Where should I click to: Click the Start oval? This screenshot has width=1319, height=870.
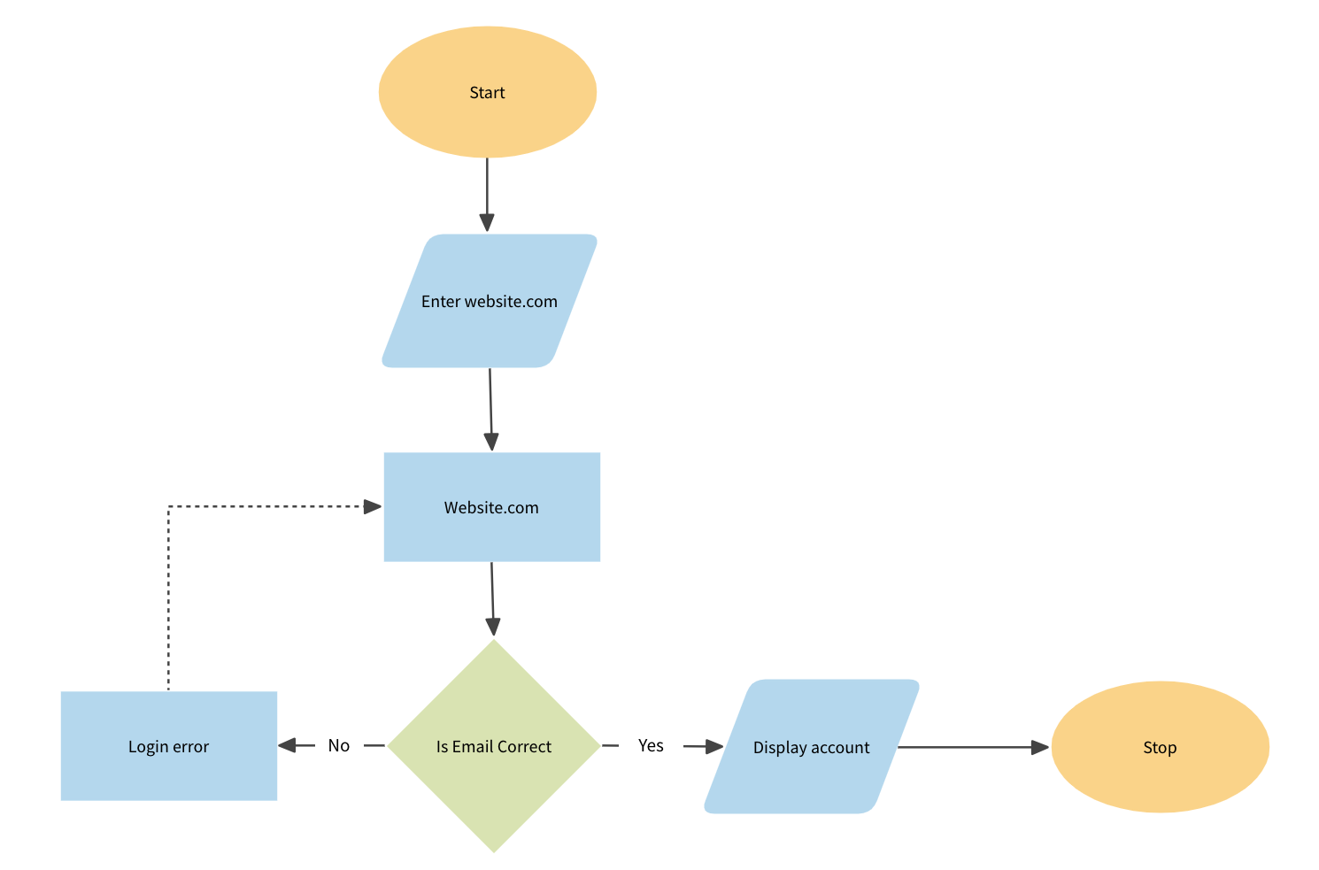487,92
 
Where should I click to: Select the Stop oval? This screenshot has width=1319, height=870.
1160,747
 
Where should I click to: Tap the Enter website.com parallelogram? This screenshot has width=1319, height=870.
490,301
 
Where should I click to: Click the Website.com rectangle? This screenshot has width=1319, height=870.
491,507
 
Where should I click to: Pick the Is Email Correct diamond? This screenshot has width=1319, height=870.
493,746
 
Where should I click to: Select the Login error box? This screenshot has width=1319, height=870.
168,746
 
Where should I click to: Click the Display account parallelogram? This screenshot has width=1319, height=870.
812,747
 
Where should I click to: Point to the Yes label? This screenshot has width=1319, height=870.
651,746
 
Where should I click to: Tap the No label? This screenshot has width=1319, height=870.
339,746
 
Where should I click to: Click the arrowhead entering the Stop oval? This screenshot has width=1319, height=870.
1040,747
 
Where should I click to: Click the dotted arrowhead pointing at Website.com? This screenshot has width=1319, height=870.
373,506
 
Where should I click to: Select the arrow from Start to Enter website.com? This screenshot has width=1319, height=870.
487,190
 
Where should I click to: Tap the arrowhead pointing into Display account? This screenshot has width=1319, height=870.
714,747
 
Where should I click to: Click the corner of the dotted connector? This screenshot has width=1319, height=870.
168,507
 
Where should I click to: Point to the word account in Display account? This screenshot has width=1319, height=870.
842,748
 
